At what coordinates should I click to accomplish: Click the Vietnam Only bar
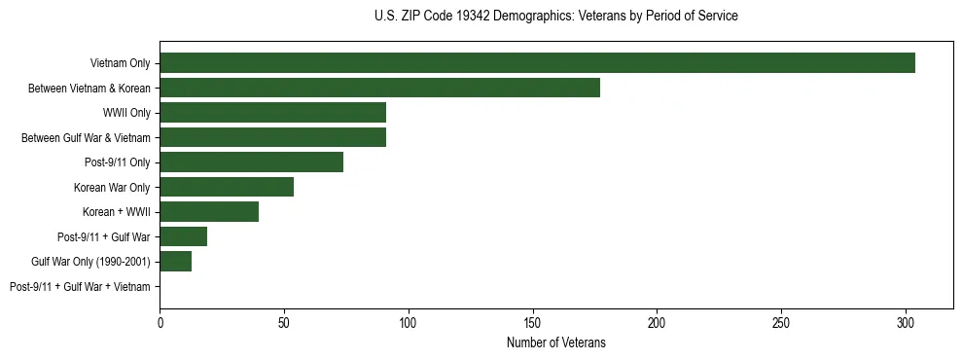point(537,63)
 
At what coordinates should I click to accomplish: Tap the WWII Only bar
point(272,113)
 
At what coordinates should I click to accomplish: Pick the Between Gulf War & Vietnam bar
point(272,137)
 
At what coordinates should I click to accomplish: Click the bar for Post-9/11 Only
point(251,162)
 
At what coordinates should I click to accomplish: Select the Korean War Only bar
point(227,187)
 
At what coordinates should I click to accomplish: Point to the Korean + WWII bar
point(209,212)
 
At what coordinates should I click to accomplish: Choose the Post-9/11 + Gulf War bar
point(183,236)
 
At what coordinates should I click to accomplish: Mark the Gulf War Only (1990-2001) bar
point(175,262)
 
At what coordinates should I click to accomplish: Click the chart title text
point(555,17)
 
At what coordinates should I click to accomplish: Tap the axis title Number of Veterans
point(555,342)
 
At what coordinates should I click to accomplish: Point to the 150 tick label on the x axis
point(532,322)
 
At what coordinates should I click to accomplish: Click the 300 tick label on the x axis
point(906,322)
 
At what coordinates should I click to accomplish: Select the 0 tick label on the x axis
point(160,322)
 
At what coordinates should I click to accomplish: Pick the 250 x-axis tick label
point(781,322)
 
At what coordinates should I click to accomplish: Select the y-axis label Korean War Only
point(112,187)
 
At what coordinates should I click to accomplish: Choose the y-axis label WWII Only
point(126,113)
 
